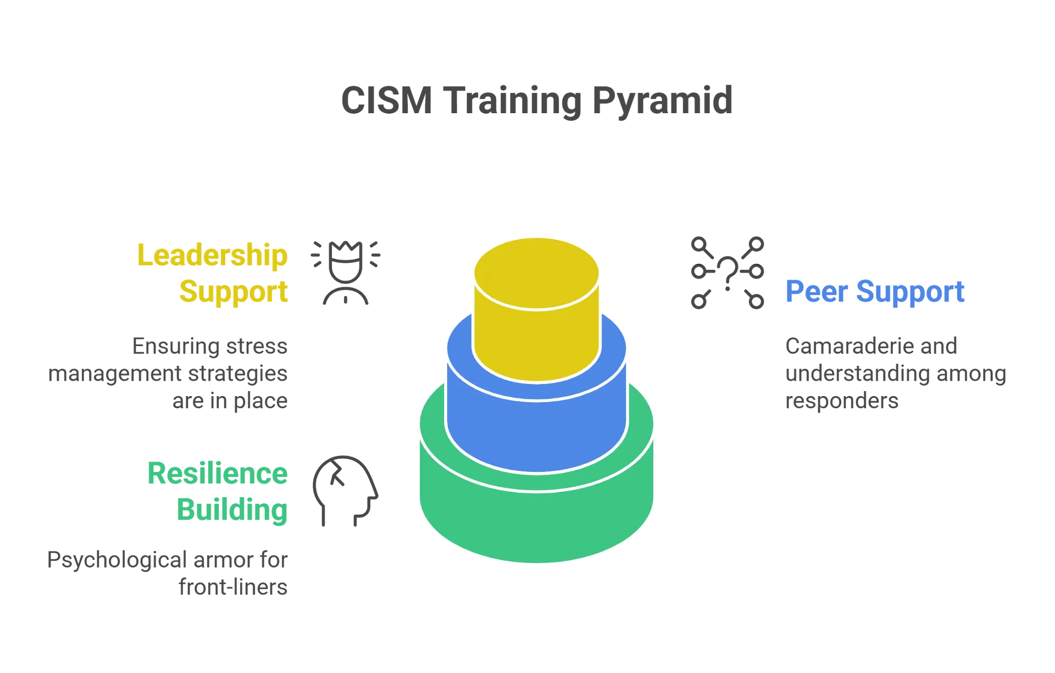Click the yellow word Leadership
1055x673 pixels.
[212, 255]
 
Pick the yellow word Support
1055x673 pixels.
[233, 291]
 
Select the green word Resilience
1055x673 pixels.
[218, 474]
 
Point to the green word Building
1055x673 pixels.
[232, 511]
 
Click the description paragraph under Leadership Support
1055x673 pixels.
[170, 374]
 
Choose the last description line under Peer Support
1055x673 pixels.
[842, 401]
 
